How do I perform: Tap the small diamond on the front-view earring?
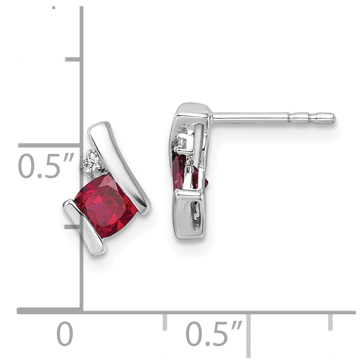(90, 160)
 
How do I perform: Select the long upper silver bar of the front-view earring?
(119, 167)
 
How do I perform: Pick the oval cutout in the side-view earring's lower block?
(194, 214)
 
